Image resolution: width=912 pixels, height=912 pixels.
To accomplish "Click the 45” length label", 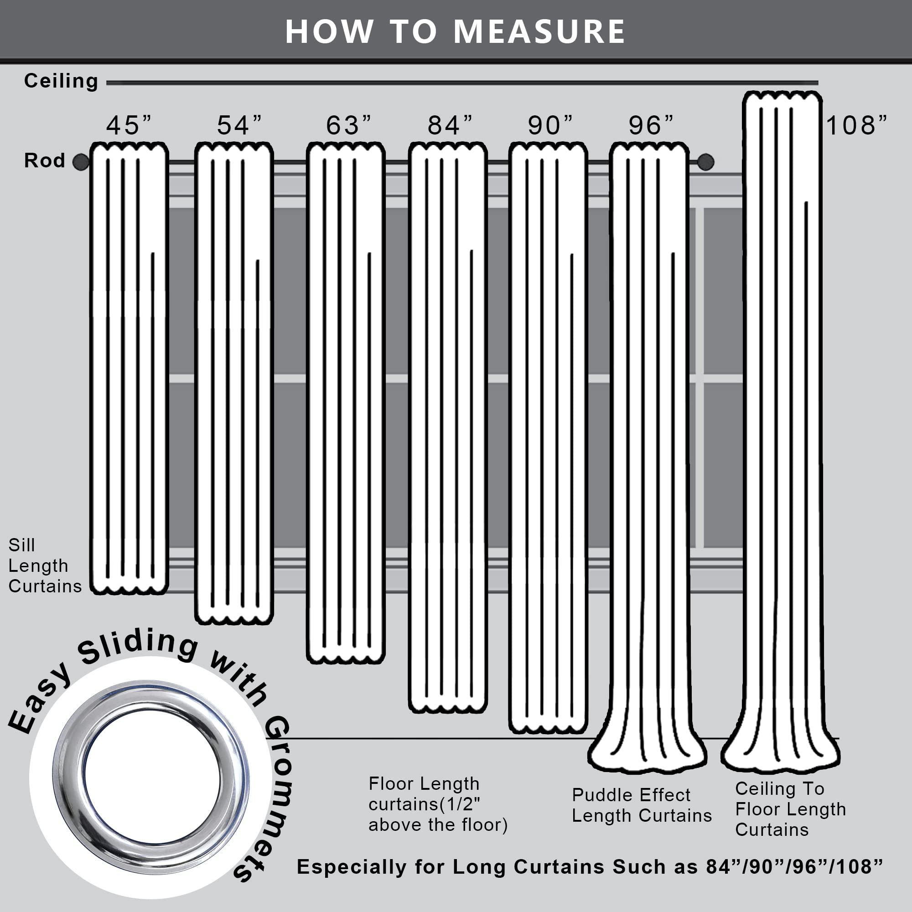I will click(x=129, y=125).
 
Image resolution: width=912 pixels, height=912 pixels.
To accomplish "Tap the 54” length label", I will click(x=239, y=125).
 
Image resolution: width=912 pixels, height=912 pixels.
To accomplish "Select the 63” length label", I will click(x=348, y=125).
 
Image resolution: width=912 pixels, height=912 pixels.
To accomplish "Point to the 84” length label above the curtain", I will click(x=450, y=125).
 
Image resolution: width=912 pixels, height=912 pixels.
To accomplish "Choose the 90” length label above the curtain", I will click(x=550, y=125).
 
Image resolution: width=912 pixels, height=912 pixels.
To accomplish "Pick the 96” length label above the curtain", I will click(x=651, y=125).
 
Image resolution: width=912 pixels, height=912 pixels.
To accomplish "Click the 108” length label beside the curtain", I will click(x=856, y=125).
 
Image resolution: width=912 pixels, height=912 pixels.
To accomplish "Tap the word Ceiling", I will click(x=62, y=81).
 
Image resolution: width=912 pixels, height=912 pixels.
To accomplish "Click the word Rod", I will click(x=44, y=161).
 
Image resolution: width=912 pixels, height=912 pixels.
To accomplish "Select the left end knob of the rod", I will click(x=81, y=162).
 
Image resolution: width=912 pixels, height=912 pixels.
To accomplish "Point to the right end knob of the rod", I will click(x=705, y=162).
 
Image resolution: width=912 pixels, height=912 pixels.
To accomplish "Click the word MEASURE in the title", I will click(x=539, y=31).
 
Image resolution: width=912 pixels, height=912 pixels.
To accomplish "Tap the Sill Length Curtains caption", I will click(x=44, y=565).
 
